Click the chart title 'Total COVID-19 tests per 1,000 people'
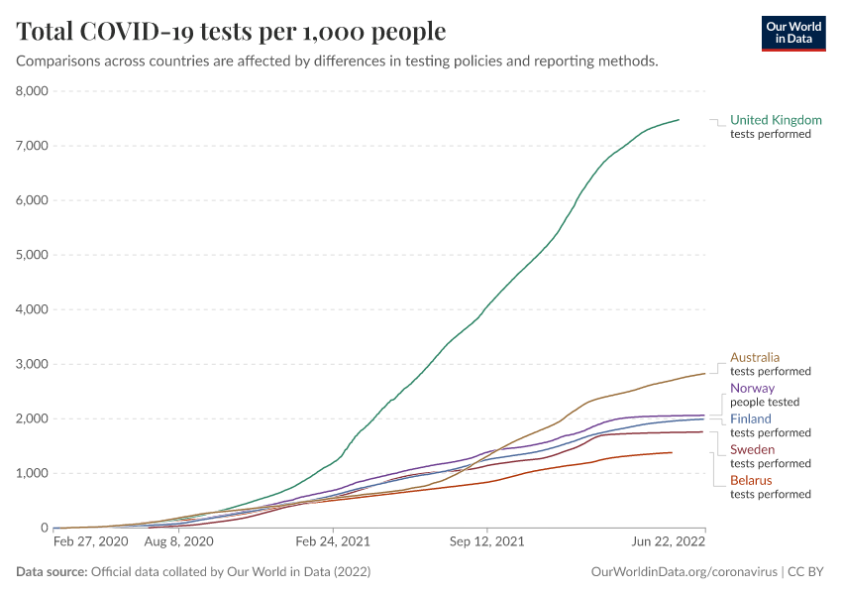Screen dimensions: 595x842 pyautogui.click(x=232, y=32)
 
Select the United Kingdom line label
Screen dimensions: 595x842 pyautogui.click(x=776, y=120)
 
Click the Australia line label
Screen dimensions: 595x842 pyautogui.click(x=755, y=357)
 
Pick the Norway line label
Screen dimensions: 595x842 pyautogui.click(x=752, y=389)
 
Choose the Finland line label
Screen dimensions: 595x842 pyautogui.click(x=751, y=419)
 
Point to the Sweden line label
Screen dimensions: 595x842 pyautogui.click(x=753, y=450)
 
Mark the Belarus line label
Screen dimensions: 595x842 pyautogui.click(x=751, y=481)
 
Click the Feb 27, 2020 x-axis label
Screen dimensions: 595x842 pyautogui.click(x=90, y=543)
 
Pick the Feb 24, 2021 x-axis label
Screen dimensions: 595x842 pyautogui.click(x=332, y=543)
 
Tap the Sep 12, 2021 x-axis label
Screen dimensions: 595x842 pyautogui.click(x=486, y=543)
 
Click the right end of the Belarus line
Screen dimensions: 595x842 pyautogui.click(x=672, y=452)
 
